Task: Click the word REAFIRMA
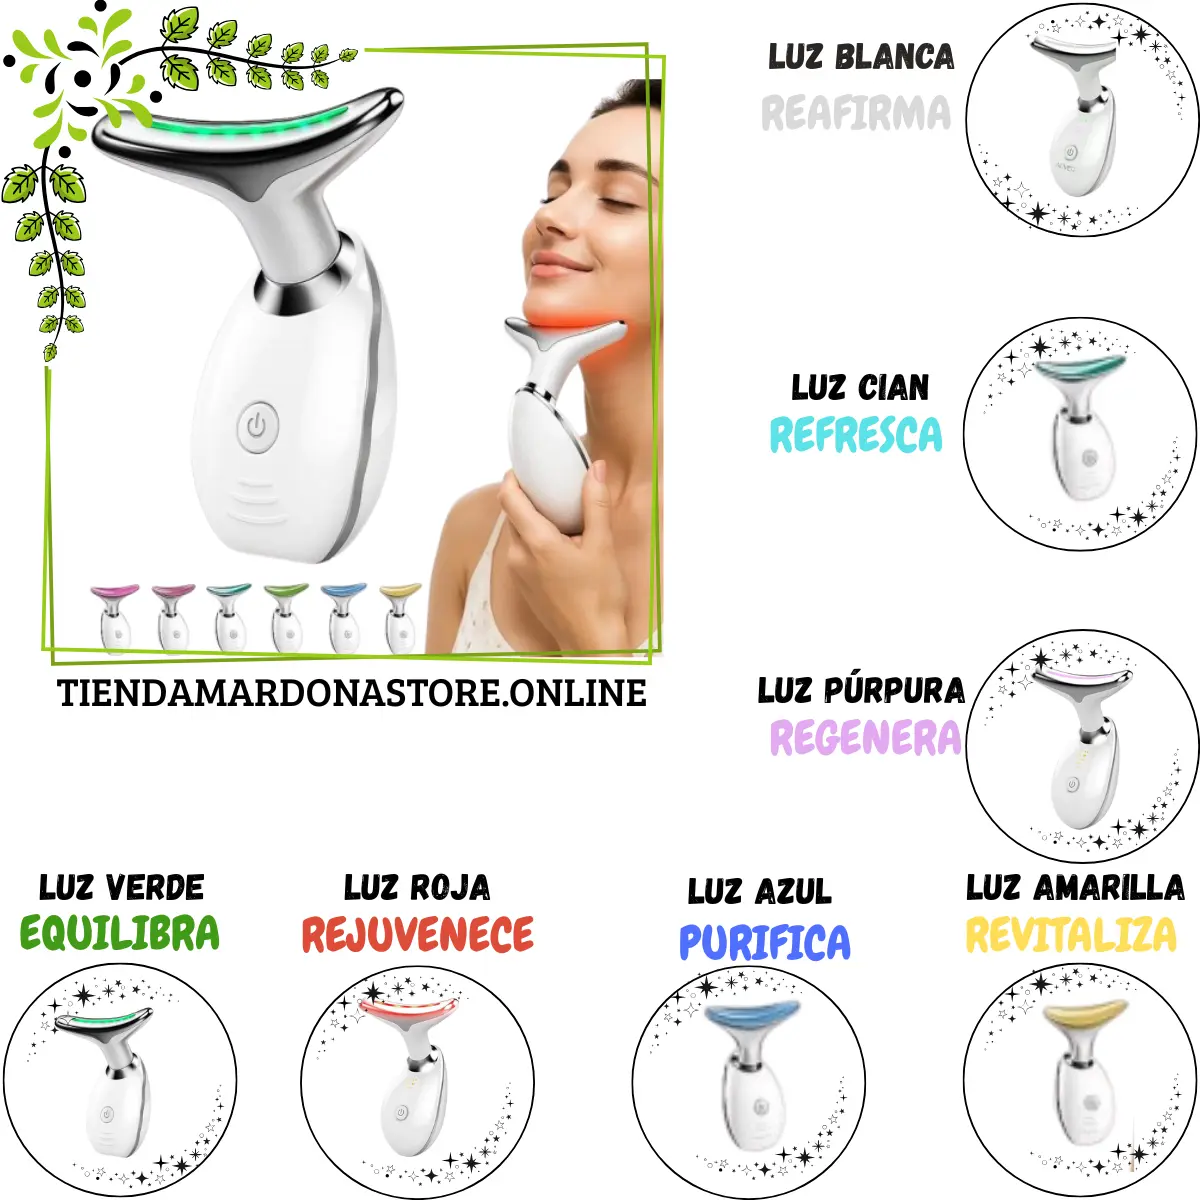(856, 113)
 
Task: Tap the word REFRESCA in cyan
(856, 434)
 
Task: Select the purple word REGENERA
(866, 737)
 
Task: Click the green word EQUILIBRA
(120, 932)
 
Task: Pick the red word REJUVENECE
(418, 934)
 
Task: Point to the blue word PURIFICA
(765, 942)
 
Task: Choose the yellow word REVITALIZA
(1071, 934)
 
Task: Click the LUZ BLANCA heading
(861, 56)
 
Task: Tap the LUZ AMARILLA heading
(1075, 887)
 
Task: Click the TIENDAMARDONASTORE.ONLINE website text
(352, 692)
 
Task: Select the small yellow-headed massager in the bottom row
(400, 618)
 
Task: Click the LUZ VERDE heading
(121, 887)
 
